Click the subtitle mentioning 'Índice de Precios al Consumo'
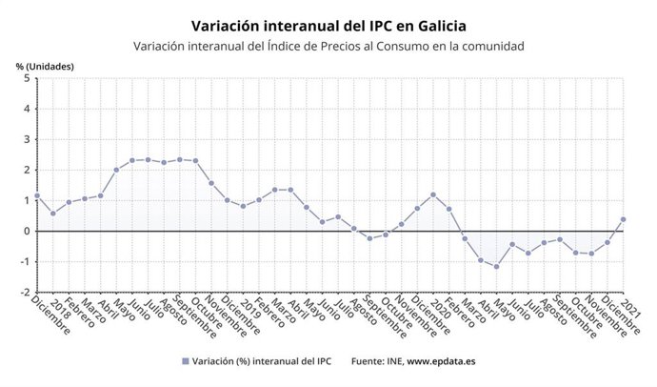(x=328, y=46)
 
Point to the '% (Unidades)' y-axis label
(x=44, y=65)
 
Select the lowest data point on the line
(x=496, y=266)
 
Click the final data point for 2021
(x=623, y=219)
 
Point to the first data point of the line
(x=36, y=195)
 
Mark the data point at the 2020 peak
(x=433, y=194)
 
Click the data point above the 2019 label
(x=243, y=206)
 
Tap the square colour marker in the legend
(x=184, y=361)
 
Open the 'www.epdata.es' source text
(x=441, y=361)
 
